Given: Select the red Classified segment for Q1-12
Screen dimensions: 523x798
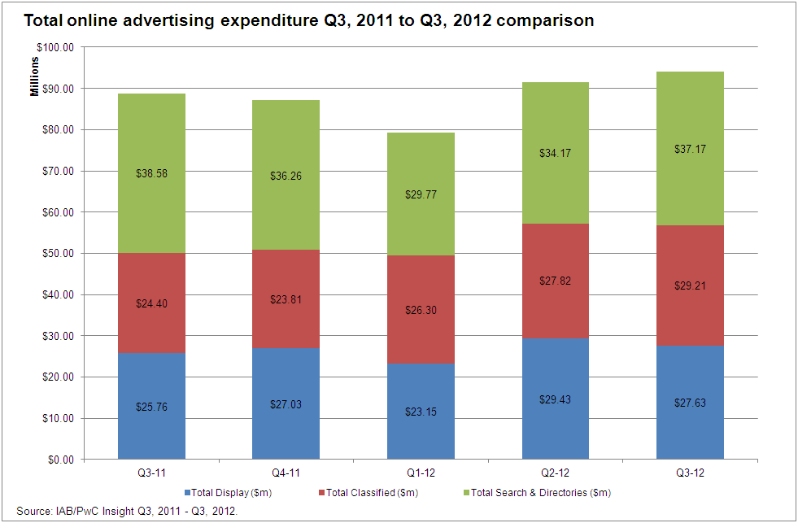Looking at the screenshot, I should coord(421,321).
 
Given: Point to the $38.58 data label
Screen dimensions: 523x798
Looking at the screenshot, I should coord(151,173).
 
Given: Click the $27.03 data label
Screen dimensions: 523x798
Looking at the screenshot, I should coord(286,403).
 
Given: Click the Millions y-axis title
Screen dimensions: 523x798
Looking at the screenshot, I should coord(35,76).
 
